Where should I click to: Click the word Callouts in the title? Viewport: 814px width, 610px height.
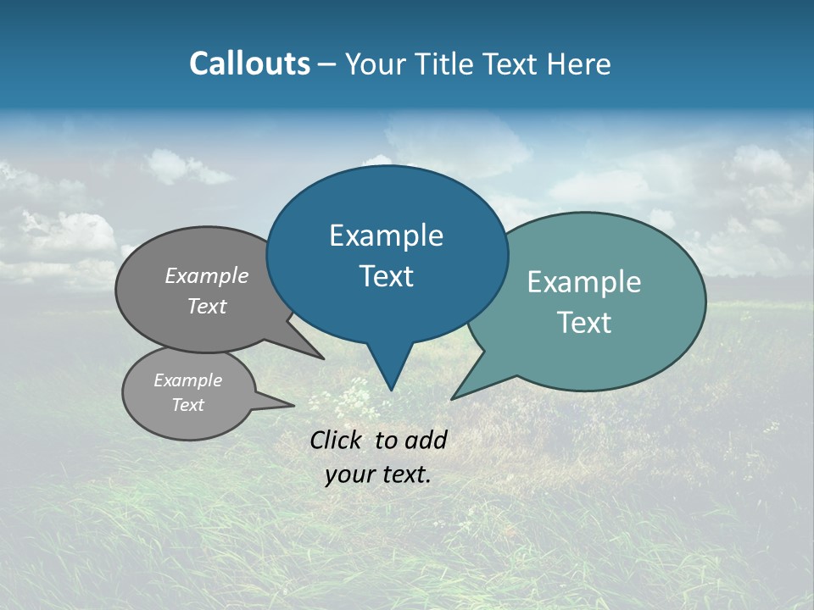[x=249, y=64]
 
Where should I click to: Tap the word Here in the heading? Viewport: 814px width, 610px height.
[x=578, y=64]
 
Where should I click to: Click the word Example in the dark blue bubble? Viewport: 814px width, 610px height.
[x=386, y=236]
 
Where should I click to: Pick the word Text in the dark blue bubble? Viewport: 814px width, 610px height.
[x=386, y=276]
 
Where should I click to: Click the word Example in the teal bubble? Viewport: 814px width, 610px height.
[x=584, y=282]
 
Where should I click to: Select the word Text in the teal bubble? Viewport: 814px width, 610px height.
[x=584, y=323]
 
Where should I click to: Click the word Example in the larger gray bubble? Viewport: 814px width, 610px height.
[x=207, y=276]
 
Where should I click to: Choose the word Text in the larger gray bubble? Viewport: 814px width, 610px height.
[x=207, y=307]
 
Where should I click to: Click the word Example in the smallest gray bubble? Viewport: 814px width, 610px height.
[x=187, y=380]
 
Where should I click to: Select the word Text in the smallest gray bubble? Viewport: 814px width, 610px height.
[x=187, y=405]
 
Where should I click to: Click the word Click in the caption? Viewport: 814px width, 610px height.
[x=337, y=440]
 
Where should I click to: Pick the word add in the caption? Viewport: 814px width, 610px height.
[x=426, y=440]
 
